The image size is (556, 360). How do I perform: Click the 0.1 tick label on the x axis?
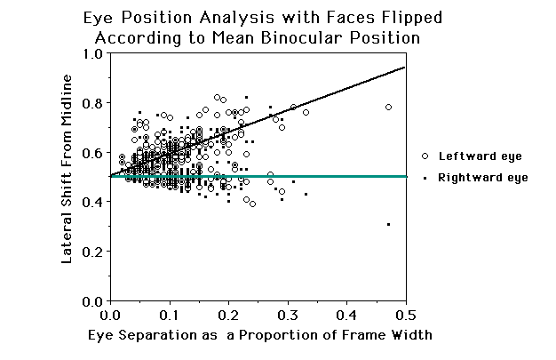(169, 316)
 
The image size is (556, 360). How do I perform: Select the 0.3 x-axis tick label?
(287, 316)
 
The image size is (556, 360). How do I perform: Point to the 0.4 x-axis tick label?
(346, 316)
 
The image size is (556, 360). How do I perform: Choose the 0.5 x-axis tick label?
(405, 316)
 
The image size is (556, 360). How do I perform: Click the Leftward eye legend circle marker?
(425, 156)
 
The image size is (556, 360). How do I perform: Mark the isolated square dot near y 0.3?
(388, 224)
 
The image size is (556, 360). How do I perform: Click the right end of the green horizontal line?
(406, 177)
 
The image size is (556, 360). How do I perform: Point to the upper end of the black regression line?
(405, 67)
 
